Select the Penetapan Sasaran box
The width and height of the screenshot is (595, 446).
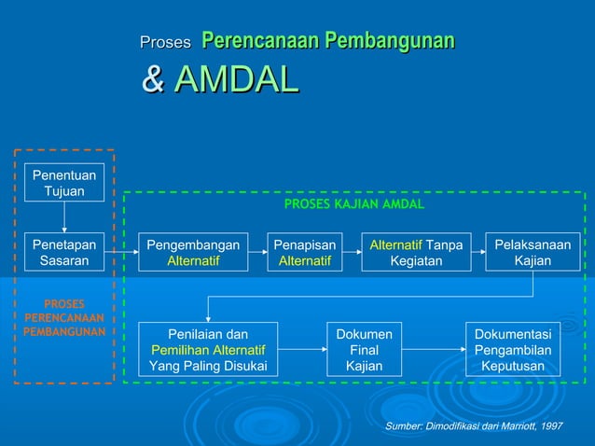(64, 252)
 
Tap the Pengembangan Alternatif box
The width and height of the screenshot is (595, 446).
(193, 252)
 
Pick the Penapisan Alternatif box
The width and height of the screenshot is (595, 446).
(305, 252)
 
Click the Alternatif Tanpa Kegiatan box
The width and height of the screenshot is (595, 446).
(416, 252)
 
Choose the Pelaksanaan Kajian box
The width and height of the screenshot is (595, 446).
(533, 252)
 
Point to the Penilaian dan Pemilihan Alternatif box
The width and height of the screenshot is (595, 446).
(208, 349)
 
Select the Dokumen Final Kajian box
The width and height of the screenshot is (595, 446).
(364, 349)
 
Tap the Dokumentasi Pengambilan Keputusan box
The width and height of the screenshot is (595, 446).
(512, 349)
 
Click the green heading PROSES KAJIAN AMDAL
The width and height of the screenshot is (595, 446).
(353, 203)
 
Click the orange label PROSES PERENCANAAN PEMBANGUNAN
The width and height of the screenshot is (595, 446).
(64, 317)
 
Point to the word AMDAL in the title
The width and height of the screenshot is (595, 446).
(236, 79)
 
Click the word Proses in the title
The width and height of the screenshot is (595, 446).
(165, 42)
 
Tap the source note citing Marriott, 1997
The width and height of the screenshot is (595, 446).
(474, 425)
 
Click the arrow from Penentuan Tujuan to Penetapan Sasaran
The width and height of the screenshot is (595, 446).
(64, 216)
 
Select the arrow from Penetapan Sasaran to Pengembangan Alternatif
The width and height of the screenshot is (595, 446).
(121, 252)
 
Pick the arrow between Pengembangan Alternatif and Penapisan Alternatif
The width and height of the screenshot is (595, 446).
(257, 252)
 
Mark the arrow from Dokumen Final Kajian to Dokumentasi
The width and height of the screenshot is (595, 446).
(433, 349)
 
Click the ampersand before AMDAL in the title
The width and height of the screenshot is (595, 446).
(152, 79)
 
